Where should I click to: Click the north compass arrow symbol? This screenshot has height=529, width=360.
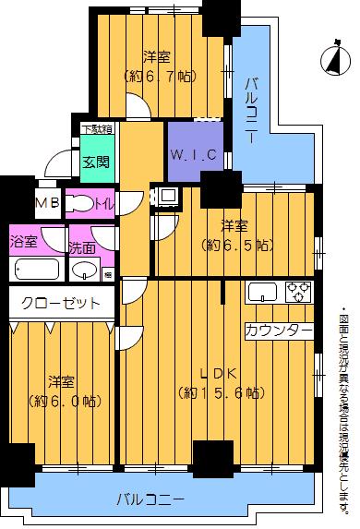point(330,59)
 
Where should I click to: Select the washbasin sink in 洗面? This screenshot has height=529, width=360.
point(85,270)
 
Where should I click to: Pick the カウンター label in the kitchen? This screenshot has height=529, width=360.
point(278,330)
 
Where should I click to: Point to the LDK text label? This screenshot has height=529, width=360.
point(221,374)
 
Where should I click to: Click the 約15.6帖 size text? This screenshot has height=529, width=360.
point(222,393)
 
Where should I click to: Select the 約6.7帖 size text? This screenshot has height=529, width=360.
point(161,78)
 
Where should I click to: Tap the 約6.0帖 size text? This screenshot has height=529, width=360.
point(63,402)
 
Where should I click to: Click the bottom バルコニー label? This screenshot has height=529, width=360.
point(150,499)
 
